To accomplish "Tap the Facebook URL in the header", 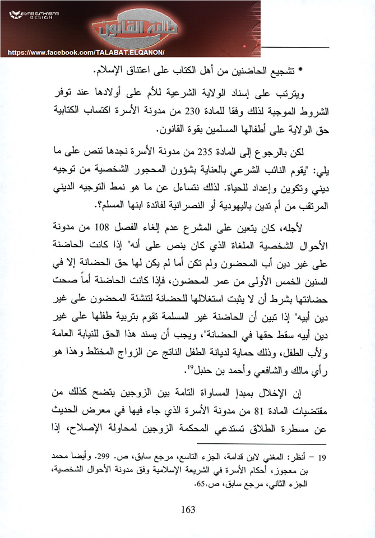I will tap(85, 52).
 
